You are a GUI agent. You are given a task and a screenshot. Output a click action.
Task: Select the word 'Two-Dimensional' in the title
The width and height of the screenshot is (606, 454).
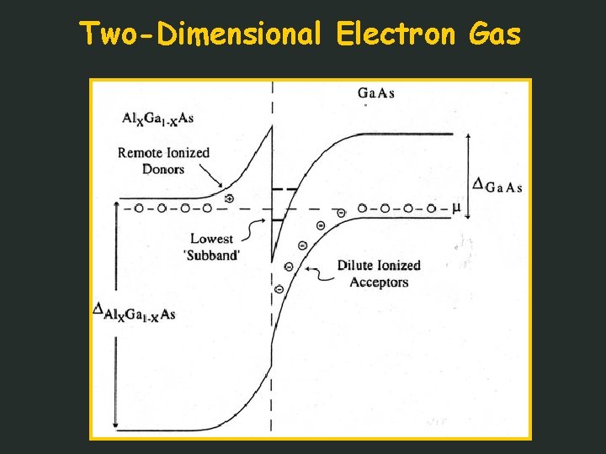(x=201, y=34)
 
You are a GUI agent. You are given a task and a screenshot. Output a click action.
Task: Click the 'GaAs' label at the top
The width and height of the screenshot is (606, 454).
(x=376, y=92)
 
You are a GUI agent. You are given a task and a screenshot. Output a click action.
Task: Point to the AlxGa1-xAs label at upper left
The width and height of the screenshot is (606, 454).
(x=158, y=119)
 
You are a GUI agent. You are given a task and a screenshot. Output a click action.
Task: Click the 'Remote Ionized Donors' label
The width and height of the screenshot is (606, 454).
(x=163, y=161)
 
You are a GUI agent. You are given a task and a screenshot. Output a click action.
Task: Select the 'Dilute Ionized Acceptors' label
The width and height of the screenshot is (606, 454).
(x=379, y=274)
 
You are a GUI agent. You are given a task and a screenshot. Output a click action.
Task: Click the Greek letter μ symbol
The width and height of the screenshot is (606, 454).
(x=456, y=207)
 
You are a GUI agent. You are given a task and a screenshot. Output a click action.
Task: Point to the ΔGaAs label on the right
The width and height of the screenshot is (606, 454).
(x=497, y=186)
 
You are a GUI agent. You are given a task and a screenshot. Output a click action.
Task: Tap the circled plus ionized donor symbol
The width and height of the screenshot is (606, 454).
(x=229, y=198)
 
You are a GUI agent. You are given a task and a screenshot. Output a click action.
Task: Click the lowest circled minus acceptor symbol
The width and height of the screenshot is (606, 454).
(x=279, y=289)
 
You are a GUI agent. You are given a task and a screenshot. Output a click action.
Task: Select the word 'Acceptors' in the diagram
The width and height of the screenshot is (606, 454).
(x=379, y=282)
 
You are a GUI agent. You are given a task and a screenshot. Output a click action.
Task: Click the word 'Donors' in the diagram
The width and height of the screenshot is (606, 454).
(x=163, y=169)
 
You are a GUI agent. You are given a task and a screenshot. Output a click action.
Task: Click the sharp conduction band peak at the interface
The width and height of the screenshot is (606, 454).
(x=271, y=127)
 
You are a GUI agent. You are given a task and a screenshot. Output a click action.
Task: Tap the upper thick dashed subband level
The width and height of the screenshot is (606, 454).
(x=284, y=190)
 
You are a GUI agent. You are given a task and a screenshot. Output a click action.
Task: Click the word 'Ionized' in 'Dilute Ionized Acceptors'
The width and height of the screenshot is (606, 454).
(x=399, y=266)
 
